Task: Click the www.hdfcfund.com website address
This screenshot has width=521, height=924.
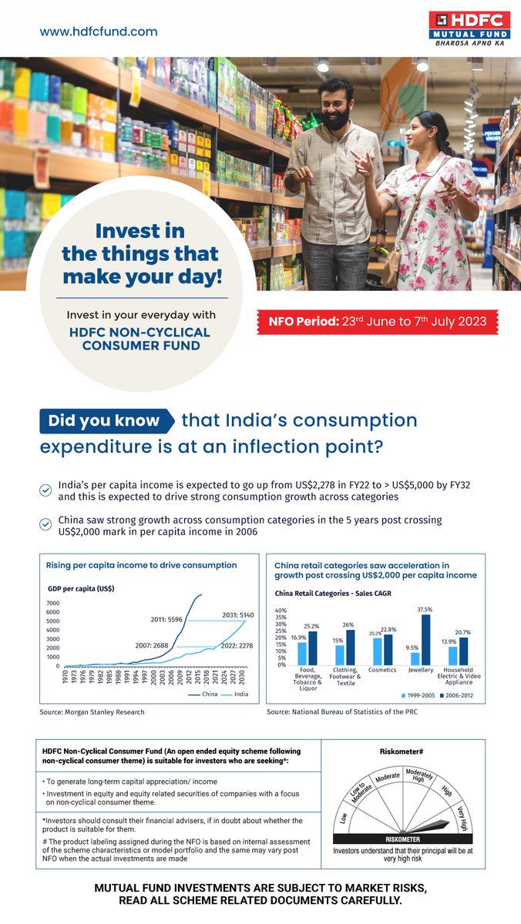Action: coord(99,32)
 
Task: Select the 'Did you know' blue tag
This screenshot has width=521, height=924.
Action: coord(104,421)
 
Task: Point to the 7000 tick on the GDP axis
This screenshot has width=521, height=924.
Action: coord(53,603)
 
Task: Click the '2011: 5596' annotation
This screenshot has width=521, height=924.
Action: coord(166,619)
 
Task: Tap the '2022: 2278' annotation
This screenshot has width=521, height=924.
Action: coord(237,646)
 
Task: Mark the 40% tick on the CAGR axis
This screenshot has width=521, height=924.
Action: coord(281,611)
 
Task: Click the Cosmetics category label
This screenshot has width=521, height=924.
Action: coord(382,670)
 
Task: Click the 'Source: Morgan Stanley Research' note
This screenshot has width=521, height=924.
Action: coord(92,712)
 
